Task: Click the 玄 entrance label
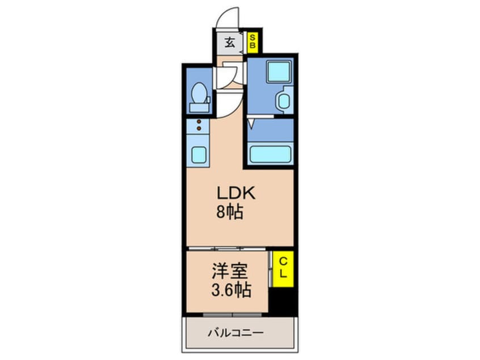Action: coord(230,43)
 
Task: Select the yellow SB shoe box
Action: coord(252,42)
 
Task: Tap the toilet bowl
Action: coord(199,92)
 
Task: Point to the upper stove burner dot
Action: coord(199,122)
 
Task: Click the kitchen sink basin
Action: coord(199,154)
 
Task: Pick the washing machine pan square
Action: coord(278,72)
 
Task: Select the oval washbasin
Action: coord(284,101)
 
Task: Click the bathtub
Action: coord(270,154)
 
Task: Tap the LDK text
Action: coord(235,193)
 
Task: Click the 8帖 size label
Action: coord(230,212)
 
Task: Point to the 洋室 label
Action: coord(230,271)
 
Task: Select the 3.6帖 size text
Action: coord(231,290)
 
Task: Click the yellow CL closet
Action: coord(283,269)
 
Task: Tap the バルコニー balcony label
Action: coord(235,333)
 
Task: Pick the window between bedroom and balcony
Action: coord(233,315)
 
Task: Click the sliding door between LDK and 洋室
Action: coord(227,249)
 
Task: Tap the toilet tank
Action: coord(199,107)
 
